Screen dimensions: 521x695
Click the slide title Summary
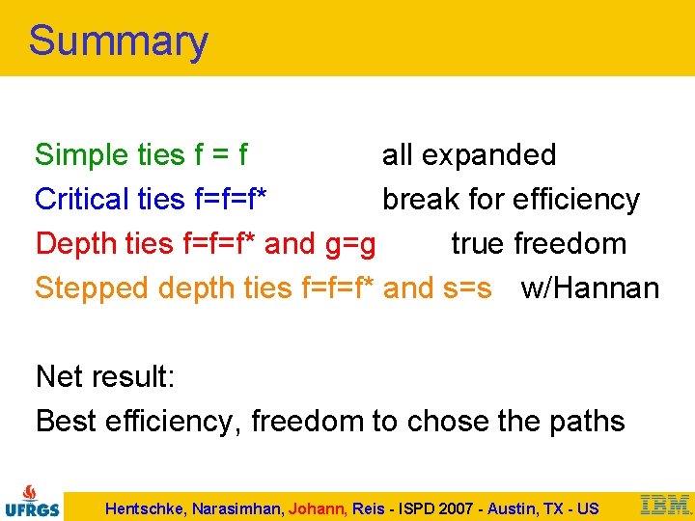click(118, 41)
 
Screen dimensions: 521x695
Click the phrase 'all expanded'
click(469, 154)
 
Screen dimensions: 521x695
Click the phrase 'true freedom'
click(539, 243)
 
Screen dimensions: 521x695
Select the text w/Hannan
click(590, 288)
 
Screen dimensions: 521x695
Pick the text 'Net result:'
click(105, 376)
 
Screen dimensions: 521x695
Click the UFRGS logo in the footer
click(33, 502)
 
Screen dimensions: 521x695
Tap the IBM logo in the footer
click(665, 504)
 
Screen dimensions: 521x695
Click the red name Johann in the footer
click(316, 508)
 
